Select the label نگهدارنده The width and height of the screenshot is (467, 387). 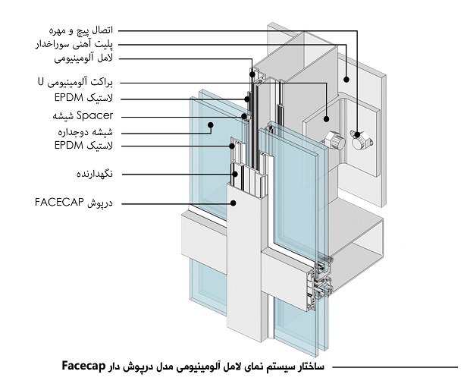95,175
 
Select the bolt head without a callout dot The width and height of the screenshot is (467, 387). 331,140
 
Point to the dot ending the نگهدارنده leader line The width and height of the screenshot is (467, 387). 236,175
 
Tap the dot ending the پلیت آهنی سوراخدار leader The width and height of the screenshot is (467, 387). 346,78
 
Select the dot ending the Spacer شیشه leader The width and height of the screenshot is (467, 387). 244,117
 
